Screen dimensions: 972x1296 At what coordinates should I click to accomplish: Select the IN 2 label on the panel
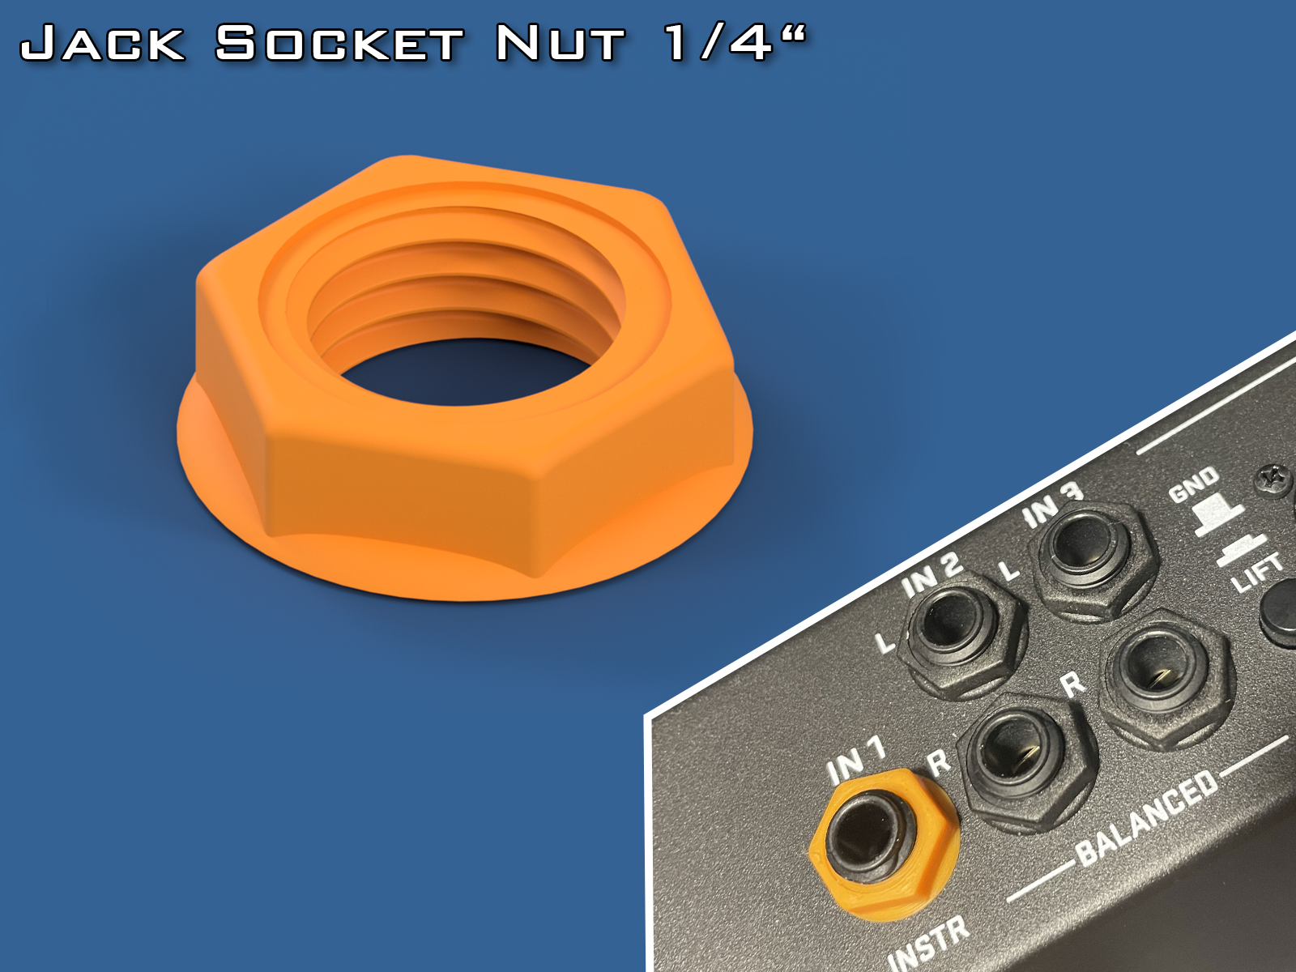click(x=932, y=575)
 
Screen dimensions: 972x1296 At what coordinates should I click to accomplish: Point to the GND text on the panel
click(x=1193, y=484)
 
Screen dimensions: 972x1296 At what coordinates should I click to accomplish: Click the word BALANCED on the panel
click(x=1147, y=816)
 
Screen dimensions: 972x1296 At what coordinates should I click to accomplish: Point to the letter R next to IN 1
click(x=938, y=762)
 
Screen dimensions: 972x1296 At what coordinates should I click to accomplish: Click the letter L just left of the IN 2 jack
click(x=885, y=643)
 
